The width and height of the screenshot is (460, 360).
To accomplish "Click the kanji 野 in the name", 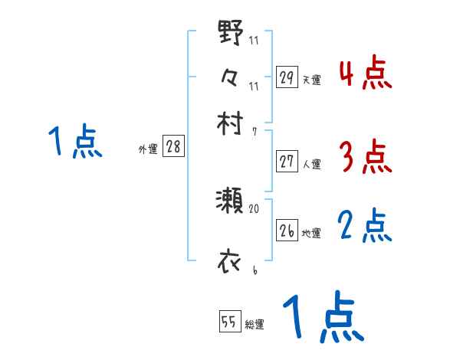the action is coord(231,34).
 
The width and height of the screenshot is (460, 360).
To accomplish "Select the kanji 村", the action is coord(231,122).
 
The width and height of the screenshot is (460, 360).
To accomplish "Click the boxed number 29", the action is coord(287,77).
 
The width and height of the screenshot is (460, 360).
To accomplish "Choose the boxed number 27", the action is coord(287,162).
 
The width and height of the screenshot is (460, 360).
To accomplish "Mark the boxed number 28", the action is coord(173,148).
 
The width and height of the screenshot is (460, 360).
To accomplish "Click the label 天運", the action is coord(311,80).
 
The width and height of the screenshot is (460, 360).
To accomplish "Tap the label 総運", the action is coord(255,325).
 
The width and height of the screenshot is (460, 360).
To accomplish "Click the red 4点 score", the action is coord(365,74).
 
